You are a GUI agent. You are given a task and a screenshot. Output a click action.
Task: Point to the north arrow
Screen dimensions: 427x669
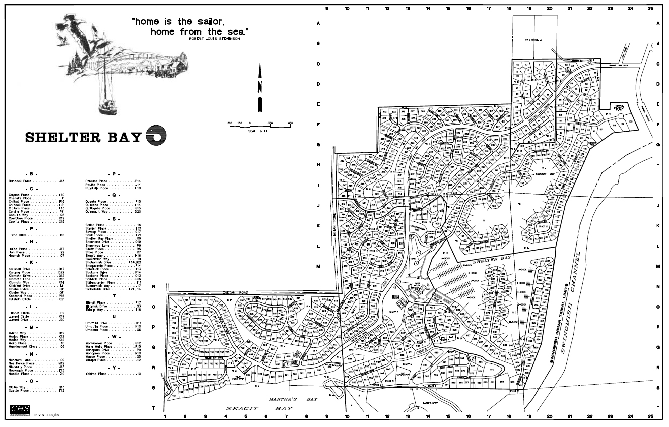click(x=260, y=88)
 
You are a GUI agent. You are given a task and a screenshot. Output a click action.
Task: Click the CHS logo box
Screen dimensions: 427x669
click(x=20, y=409)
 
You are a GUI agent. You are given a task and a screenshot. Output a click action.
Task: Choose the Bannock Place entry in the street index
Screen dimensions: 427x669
click(x=37, y=180)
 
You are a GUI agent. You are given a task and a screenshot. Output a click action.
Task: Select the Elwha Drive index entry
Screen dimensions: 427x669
click(x=37, y=235)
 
